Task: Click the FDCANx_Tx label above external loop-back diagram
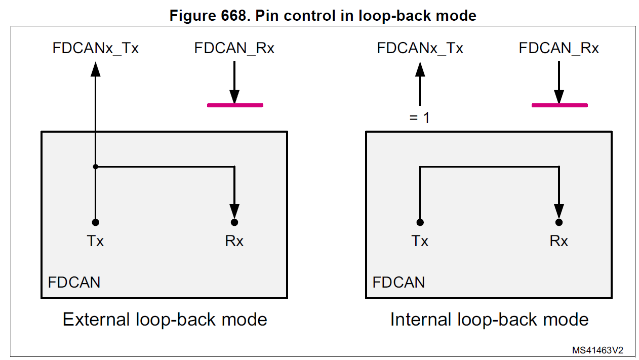tap(95, 49)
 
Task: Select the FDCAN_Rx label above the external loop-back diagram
tap(234, 49)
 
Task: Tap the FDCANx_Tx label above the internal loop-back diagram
tap(420, 49)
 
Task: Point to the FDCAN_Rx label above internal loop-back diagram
tap(559, 49)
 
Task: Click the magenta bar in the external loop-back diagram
tap(235, 105)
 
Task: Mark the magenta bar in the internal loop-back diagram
tap(560, 105)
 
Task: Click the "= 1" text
tap(419, 118)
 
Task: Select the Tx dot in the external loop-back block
tap(95, 222)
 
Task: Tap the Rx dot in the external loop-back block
tap(234, 222)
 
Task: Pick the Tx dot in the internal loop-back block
tap(420, 222)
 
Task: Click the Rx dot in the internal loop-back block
tap(559, 222)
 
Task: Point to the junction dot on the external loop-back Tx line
tap(95, 166)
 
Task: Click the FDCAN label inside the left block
tap(74, 282)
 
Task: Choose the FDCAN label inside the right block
tap(398, 282)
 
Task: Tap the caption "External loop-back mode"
tap(165, 319)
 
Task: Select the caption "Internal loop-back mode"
tap(489, 319)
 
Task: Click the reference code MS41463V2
tap(597, 350)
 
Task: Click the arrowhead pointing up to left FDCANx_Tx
tap(95, 68)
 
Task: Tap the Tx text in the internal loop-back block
tap(420, 241)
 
